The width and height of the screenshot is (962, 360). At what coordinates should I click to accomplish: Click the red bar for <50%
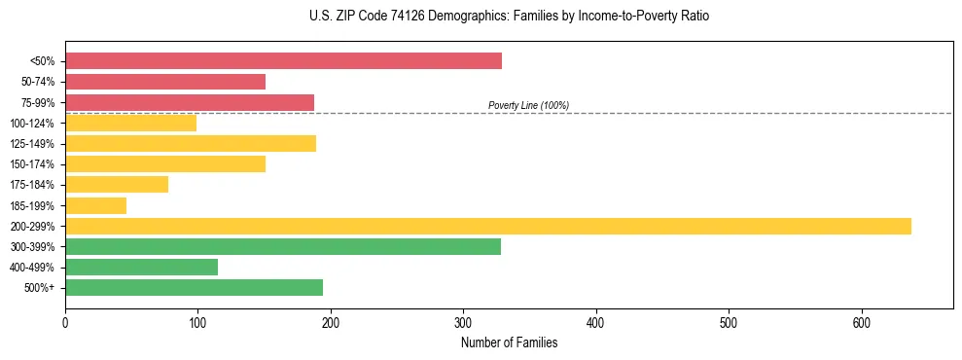[283, 61]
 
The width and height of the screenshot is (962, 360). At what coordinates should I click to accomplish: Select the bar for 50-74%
[165, 82]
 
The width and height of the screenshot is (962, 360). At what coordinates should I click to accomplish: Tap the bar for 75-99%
[190, 102]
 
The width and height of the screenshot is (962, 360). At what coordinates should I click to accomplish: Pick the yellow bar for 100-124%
[130, 123]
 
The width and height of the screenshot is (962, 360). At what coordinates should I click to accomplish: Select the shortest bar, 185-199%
[95, 205]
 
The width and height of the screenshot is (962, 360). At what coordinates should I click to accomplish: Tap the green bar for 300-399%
[283, 246]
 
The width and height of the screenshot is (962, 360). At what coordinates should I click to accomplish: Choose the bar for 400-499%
[141, 267]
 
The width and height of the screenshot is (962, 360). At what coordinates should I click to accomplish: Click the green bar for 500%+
[194, 287]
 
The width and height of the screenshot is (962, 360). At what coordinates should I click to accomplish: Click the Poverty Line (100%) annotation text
[528, 105]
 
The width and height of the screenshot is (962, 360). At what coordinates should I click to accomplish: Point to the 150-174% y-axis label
[32, 164]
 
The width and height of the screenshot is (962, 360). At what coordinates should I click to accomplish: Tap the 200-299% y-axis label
[32, 227]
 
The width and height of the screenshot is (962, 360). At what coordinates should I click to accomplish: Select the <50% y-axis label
[43, 61]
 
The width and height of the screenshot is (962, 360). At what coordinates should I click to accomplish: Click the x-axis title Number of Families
[509, 342]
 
